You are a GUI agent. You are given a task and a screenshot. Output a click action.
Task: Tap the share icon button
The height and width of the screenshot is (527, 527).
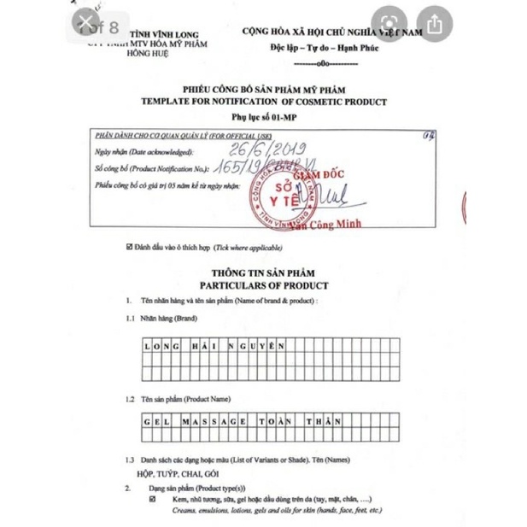pos(434,25)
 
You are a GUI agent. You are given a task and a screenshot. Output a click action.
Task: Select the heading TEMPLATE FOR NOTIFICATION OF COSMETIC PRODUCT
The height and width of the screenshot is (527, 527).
pos(264,102)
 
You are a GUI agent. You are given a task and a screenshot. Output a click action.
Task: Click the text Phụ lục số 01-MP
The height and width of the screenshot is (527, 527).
pos(264,116)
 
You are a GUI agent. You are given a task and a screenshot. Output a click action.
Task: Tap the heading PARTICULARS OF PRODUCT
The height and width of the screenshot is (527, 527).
pos(264,285)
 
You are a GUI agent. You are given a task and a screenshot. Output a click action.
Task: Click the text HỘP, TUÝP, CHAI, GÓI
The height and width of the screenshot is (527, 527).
pos(178,472)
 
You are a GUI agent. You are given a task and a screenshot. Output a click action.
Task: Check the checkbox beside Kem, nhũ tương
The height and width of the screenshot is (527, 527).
pos(152,499)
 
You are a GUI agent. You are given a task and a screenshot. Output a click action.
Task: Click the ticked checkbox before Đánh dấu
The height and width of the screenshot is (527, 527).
pos(130,247)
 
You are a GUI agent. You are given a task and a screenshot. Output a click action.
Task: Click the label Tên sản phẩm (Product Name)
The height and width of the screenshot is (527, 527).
pos(185,399)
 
